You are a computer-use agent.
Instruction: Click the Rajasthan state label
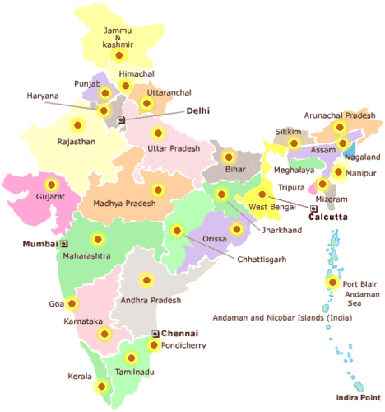pyautogui.click(x=77, y=141)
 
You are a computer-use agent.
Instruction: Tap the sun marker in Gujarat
pyautogui.click(x=52, y=185)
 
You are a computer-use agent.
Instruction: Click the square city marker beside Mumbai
pyautogui.click(x=63, y=244)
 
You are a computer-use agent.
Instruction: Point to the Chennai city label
pyautogui.click(x=180, y=333)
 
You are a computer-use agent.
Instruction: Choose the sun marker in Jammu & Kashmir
pyautogui.click(x=119, y=56)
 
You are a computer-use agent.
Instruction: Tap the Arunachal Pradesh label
pyautogui.click(x=339, y=115)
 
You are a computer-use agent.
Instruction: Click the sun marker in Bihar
pyautogui.click(x=229, y=156)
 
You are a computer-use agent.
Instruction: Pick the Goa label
pyautogui.click(x=56, y=303)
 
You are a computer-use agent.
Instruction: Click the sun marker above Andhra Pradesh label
pyautogui.click(x=149, y=280)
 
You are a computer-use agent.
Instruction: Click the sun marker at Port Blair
pyautogui.click(x=332, y=283)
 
